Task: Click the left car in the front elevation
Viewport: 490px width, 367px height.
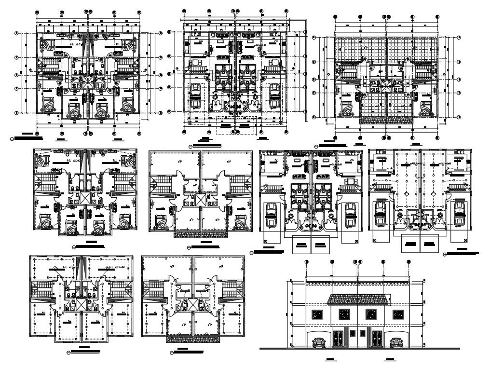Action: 318,343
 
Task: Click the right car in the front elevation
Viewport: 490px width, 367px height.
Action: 396,343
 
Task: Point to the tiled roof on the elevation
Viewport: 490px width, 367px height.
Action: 357,299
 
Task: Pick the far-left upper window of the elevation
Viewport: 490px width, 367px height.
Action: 317,314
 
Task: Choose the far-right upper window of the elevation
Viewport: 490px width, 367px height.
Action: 397,314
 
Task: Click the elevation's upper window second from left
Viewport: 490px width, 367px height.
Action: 343,314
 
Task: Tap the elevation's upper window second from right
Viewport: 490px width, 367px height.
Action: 371,314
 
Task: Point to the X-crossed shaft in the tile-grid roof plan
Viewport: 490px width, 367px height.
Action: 386,87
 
